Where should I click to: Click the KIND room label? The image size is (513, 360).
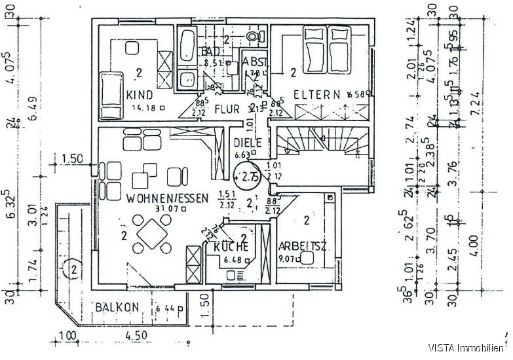(x=139, y=94)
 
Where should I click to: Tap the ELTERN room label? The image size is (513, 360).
(x=316, y=94)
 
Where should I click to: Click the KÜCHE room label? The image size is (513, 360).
(x=231, y=247)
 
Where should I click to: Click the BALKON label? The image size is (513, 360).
(x=115, y=307)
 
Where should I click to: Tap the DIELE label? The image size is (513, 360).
(x=248, y=143)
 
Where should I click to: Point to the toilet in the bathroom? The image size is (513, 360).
(x=253, y=36)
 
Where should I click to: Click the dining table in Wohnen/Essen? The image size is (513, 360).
(x=153, y=234)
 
